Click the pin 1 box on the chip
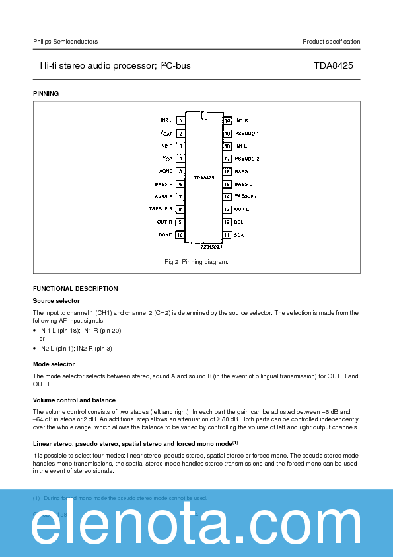pos(180,120)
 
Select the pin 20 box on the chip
pos(227,120)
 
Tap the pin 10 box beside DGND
pos(180,234)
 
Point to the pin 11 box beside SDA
pos(227,234)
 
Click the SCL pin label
pos(239,222)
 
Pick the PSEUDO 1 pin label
pos(247,133)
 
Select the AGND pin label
pos(165,171)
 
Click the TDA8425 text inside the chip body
pos(203,177)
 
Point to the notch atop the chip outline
pos(204,116)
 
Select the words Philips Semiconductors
pos(65,42)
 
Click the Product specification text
pos(331,42)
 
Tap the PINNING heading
pos(46,94)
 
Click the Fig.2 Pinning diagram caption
pos(196,262)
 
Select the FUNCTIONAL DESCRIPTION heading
pos(75,289)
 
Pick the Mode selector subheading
pos(54,364)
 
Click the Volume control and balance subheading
pos(74,400)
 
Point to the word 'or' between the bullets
pos(42,339)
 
